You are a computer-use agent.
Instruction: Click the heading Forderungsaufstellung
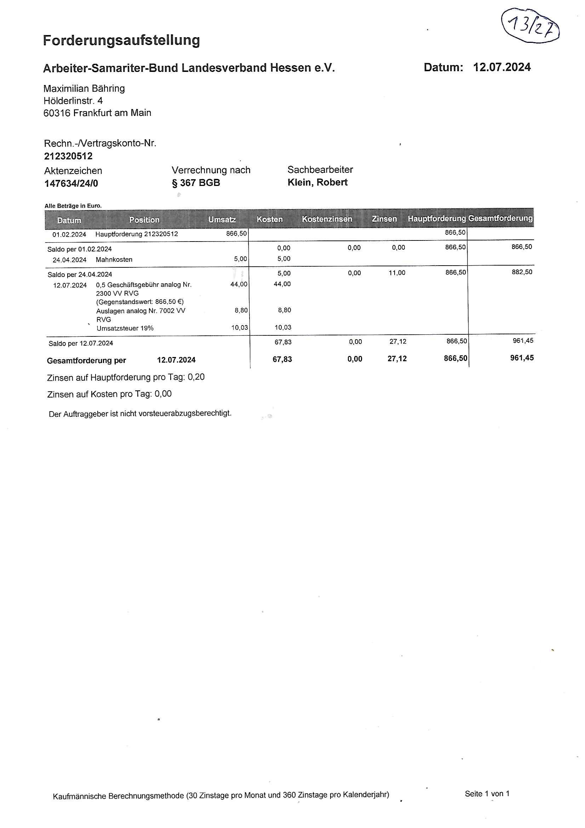coord(121,40)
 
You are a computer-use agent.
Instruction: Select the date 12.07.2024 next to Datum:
coord(502,67)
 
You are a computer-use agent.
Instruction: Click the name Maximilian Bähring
coord(84,88)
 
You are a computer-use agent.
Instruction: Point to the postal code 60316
coord(57,113)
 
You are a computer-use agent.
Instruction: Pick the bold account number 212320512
coord(68,156)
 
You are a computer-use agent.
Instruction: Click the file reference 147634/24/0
coord(71,183)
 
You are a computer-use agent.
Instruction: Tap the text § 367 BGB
coord(196,182)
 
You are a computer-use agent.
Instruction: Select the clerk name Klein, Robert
coord(317,182)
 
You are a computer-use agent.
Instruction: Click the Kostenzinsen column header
coord(327,219)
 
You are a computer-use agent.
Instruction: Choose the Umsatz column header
coord(222,219)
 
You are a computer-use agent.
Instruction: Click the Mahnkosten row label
coord(114,259)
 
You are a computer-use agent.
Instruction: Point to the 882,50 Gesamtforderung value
coord(522,272)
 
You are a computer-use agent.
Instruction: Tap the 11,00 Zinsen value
coord(396,273)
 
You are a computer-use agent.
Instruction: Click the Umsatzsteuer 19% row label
coord(125,328)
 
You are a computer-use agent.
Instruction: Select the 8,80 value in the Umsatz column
coord(241,310)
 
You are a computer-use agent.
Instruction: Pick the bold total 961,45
coord(522,358)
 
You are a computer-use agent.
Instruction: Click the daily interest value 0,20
coord(196,377)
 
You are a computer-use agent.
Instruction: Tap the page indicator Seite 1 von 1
coord(487,793)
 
